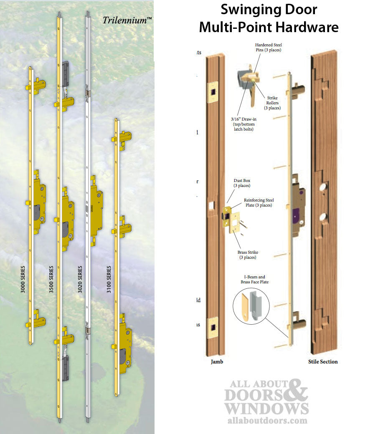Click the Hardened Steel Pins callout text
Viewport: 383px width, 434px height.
coord(268,47)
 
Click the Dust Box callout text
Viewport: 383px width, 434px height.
coord(242,183)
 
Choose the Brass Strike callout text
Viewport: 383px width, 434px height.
coord(248,255)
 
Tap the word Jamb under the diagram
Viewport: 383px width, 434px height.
coord(217,362)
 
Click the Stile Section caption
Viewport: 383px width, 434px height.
coord(323,362)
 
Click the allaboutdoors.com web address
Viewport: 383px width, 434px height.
coord(267,421)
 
